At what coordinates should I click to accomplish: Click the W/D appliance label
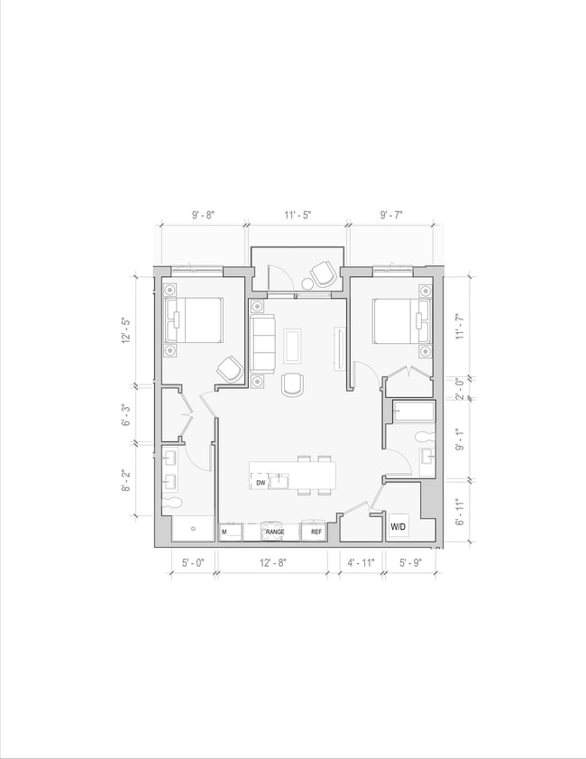point(398,526)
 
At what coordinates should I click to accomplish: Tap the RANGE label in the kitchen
point(275,532)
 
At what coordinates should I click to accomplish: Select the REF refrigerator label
point(316,532)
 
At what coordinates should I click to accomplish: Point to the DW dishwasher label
point(261,483)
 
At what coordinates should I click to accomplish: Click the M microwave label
point(224,532)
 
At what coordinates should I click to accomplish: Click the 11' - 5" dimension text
point(298,216)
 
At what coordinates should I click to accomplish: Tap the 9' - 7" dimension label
point(390,216)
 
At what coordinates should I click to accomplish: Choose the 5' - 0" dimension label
point(193,562)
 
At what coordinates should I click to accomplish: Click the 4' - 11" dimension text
point(361,562)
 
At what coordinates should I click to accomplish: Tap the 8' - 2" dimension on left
point(126,478)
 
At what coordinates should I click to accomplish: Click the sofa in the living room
point(264,344)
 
